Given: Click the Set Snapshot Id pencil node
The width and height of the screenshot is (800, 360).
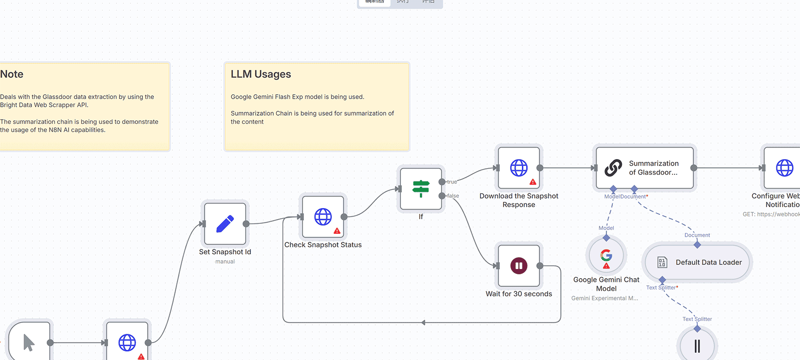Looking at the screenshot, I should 225,224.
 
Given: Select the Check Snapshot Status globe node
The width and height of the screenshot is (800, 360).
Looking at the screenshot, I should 323,217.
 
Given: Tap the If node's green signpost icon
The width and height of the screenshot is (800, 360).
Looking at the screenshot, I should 421,189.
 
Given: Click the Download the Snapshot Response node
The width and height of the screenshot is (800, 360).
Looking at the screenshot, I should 519,168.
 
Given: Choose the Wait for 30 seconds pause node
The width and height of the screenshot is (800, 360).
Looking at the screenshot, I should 519,266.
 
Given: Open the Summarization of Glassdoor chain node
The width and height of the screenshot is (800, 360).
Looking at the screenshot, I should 645,168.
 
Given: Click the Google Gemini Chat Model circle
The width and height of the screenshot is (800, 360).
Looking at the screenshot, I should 606,256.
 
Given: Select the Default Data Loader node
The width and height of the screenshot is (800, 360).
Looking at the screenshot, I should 697,262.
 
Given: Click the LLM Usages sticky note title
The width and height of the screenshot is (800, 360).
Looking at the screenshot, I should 261,74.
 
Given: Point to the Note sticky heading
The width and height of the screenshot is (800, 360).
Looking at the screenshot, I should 12,74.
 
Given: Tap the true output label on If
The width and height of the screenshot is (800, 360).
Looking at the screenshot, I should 452,182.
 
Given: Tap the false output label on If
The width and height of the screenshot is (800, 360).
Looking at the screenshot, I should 453,196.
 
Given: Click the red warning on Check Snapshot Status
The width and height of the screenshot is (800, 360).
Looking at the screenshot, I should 337,231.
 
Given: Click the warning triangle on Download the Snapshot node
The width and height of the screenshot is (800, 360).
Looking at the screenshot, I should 533,182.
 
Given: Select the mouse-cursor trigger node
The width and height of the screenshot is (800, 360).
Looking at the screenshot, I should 29,342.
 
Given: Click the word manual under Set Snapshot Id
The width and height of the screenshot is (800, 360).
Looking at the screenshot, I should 225,261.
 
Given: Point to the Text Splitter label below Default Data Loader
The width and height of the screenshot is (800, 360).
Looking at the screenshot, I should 661,288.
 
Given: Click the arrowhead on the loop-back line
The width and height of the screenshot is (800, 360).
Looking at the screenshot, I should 423,322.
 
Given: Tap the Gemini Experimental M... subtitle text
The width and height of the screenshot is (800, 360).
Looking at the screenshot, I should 605,298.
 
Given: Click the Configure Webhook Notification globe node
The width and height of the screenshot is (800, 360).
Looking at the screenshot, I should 784,168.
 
